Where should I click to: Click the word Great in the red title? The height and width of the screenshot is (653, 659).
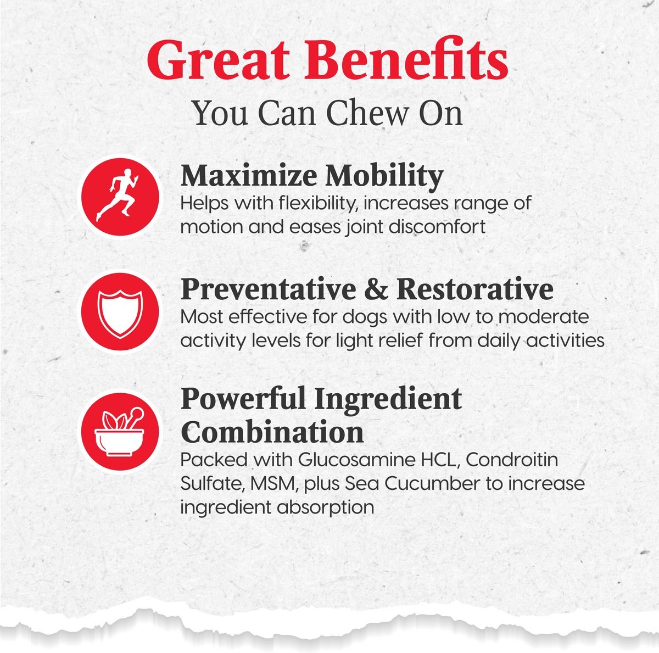pyautogui.click(x=219, y=60)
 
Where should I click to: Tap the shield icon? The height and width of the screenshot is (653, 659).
pyautogui.click(x=120, y=312)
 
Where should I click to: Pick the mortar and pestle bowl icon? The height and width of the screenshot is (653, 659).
pyautogui.click(x=120, y=431)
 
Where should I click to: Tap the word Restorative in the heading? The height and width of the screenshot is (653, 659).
pyautogui.click(x=474, y=290)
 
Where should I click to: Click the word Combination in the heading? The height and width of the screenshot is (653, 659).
pyautogui.click(x=272, y=432)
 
